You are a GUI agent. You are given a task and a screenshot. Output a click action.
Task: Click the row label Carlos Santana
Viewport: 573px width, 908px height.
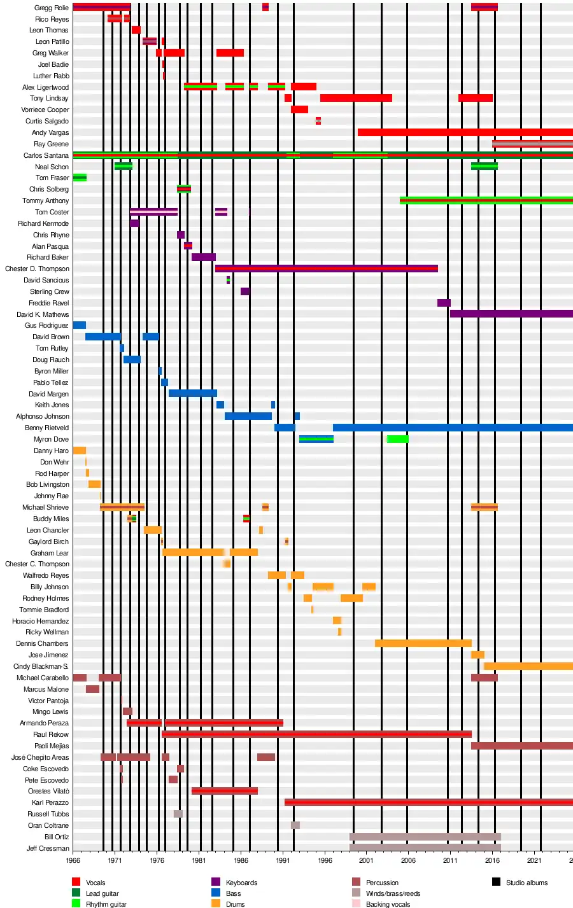pyautogui.click(x=46, y=155)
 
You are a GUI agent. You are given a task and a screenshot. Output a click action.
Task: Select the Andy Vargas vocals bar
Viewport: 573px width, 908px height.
pyautogui.click(x=465, y=132)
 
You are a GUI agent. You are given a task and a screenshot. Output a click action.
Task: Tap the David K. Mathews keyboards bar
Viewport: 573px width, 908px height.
pyautogui.click(x=511, y=314)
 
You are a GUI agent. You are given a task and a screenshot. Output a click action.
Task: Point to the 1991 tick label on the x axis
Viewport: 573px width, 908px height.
pyautogui.click(x=283, y=860)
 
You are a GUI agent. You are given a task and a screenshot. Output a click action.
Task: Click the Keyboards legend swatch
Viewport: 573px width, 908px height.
pyautogui.click(x=216, y=882)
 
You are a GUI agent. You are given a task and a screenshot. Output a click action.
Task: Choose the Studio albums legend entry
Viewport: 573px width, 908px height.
pyautogui.click(x=527, y=883)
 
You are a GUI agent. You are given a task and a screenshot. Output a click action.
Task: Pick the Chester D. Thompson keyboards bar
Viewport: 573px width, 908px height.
pyautogui.click(x=326, y=269)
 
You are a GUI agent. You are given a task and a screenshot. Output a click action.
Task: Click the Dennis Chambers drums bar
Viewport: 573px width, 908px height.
pyautogui.click(x=423, y=643)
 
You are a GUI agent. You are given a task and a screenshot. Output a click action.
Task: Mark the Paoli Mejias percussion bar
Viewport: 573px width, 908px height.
pyautogui.click(x=521, y=746)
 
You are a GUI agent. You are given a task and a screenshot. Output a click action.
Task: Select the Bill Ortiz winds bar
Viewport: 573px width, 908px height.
pyautogui.click(x=425, y=837)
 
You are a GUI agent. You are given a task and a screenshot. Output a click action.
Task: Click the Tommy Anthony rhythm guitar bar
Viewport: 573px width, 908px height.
pyautogui.click(x=486, y=200)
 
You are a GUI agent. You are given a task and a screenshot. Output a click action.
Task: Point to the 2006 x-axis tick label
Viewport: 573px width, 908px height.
pyautogui.click(x=408, y=860)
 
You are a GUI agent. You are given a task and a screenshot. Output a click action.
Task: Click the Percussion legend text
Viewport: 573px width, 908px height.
pyautogui.click(x=382, y=883)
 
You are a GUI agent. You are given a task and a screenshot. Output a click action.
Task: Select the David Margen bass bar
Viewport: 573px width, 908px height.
pyautogui.click(x=192, y=393)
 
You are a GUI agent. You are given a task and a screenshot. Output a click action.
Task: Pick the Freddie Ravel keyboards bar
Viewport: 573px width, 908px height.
pyautogui.click(x=444, y=303)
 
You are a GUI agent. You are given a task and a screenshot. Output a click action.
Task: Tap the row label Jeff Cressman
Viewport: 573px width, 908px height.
pyautogui.click(x=48, y=848)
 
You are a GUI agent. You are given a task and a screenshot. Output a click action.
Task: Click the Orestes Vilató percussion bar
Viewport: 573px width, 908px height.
pyautogui.click(x=224, y=791)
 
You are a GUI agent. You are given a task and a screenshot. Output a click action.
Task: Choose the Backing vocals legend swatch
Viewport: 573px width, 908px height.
pyautogui.click(x=356, y=904)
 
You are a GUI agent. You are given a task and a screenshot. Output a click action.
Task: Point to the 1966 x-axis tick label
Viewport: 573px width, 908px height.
pyautogui.click(x=73, y=860)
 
